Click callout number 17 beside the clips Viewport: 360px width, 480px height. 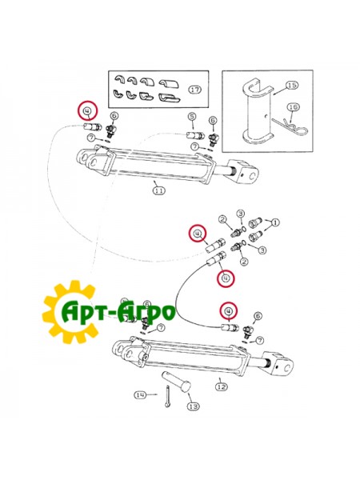[195, 90]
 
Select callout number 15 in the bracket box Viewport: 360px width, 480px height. [292, 85]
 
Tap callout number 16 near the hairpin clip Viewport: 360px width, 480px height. [294, 107]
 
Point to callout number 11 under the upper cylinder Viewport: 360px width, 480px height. [158, 190]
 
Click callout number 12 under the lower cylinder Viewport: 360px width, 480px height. [222, 387]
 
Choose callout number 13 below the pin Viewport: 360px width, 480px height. [193, 406]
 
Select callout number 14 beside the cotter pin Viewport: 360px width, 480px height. [140, 395]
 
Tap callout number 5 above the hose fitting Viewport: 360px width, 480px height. [192, 117]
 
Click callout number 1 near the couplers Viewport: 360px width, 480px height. [275, 222]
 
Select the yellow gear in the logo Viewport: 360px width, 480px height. [71, 312]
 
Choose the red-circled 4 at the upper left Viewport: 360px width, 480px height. [87, 110]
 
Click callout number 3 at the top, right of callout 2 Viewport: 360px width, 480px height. [241, 214]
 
